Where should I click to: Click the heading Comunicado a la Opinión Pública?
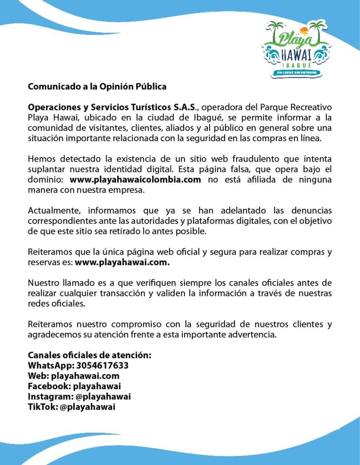97,86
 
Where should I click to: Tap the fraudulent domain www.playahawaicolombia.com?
135,180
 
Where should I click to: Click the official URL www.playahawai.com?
122,262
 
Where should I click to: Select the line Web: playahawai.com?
74,376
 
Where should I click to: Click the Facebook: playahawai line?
74,386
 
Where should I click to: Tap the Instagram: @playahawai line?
79,397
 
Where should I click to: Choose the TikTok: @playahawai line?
71,407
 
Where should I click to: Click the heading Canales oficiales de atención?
90,355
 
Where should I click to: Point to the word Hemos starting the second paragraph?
41,159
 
